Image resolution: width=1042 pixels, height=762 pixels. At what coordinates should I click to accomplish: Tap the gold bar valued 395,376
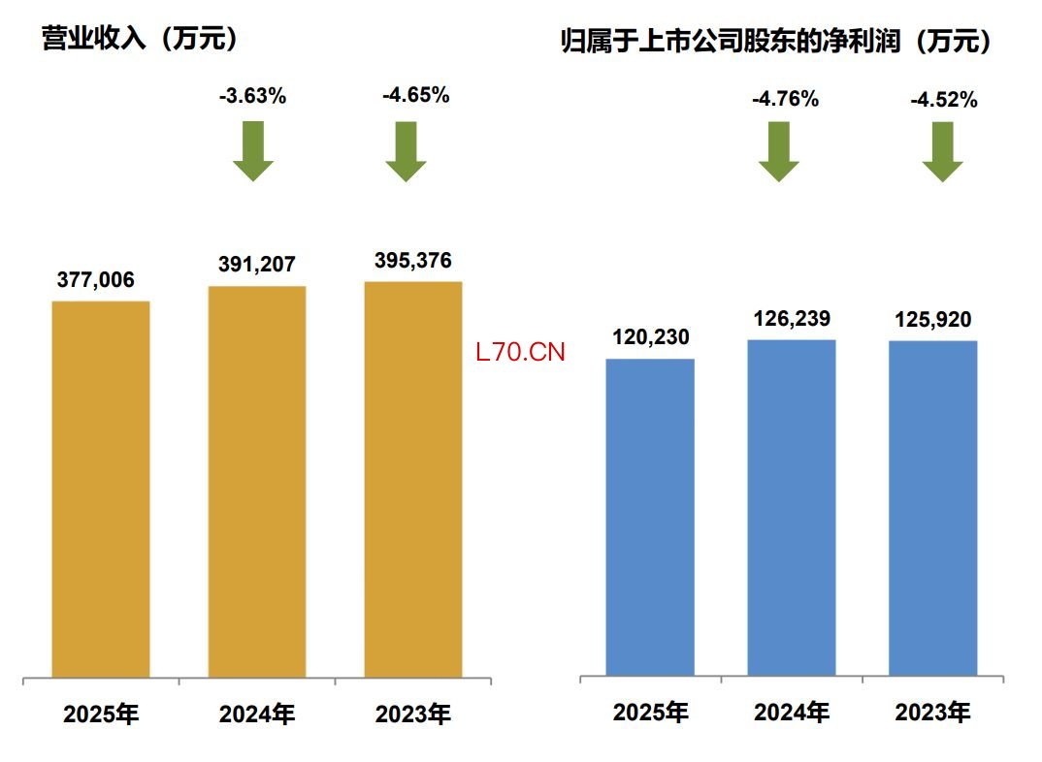pyautogui.click(x=413, y=479)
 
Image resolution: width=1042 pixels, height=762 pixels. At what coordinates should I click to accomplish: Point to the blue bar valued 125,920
pyautogui.click(x=933, y=508)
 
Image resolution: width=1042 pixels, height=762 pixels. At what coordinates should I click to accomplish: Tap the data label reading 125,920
pyautogui.click(x=932, y=320)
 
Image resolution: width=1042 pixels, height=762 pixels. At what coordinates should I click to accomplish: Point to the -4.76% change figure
pyautogui.click(x=785, y=98)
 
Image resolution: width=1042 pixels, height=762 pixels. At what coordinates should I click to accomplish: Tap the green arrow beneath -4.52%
pyautogui.click(x=942, y=151)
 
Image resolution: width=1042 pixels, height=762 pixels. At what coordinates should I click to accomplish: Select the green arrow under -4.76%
pyautogui.click(x=779, y=151)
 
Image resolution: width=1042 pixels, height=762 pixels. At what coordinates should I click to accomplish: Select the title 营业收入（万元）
pyautogui.click(x=141, y=39)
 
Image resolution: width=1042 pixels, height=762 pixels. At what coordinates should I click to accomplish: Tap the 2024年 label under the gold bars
pyautogui.click(x=257, y=715)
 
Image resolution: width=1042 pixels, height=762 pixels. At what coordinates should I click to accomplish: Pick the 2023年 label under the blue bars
pyautogui.click(x=932, y=714)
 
